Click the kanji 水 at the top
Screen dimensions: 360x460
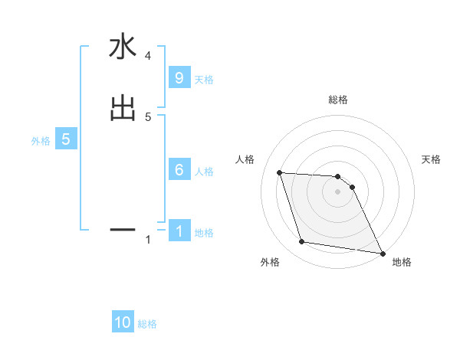coord(122,47)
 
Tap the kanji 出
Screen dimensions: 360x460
coord(122,108)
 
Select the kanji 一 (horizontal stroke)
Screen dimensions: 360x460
coord(122,228)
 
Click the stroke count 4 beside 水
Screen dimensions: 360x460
coord(147,56)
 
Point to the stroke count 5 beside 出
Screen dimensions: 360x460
coord(148,116)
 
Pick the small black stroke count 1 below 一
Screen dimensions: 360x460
coord(148,240)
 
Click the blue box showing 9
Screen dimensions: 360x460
coord(179,78)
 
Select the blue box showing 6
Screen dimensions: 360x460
coord(179,170)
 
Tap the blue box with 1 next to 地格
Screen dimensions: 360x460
coord(179,231)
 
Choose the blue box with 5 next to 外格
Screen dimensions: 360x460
coord(66,139)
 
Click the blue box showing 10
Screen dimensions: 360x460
coord(123,322)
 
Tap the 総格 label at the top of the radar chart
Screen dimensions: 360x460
coord(338,100)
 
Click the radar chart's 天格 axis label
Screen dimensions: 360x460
coord(431,159)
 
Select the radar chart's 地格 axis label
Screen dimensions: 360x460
coord(402,262)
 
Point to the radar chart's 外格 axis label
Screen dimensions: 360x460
coord(270,262)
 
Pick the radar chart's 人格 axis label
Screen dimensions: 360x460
coord(245,159)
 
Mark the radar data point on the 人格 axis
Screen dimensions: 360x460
coord(279,172)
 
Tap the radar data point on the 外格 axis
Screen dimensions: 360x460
coord(302,242)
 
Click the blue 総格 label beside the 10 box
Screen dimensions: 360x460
coord(147,324)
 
